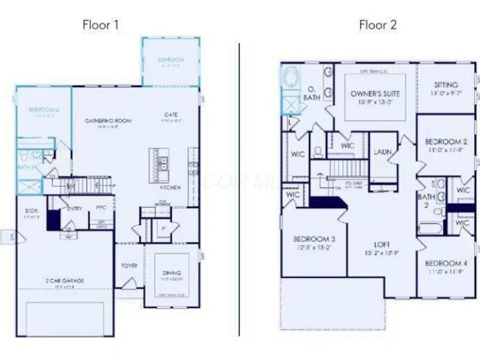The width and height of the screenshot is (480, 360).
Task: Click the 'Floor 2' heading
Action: pyautogui.click(x=378, y=25)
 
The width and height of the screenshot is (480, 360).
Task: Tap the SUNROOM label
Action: pyautogui.click(x=170, y=60)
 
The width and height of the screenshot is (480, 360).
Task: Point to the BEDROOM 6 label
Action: pyautogui.click(x=44, y=110)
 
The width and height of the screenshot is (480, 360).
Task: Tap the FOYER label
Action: pyautogui.click(x=129, y=265)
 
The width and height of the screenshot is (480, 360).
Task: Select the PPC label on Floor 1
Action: pyautogui.click(x=101, y=208)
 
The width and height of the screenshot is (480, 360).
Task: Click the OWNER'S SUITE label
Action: pyautogui.click(x=374, y=94)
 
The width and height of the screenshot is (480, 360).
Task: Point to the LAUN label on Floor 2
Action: pyautogui.click(x=382, y=152)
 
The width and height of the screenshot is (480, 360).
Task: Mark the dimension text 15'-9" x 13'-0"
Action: pyautogui.click(x=374, y=103)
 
